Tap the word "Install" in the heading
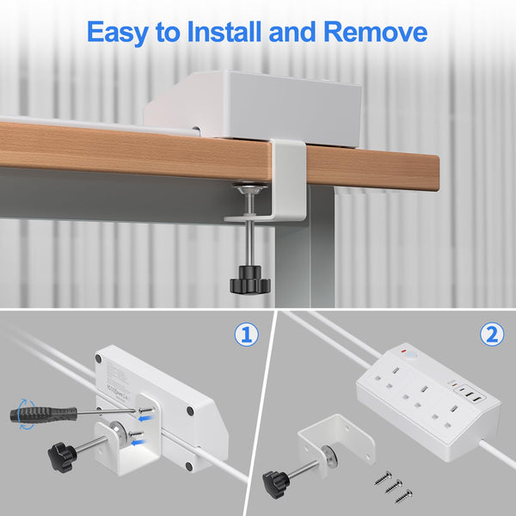click(x=231, y=33)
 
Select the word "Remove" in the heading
click(x=375, y=33)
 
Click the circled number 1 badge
click(x=247, y=334)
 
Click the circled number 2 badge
click(x=491, y=334)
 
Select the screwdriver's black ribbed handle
click(x=31, y=414)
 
